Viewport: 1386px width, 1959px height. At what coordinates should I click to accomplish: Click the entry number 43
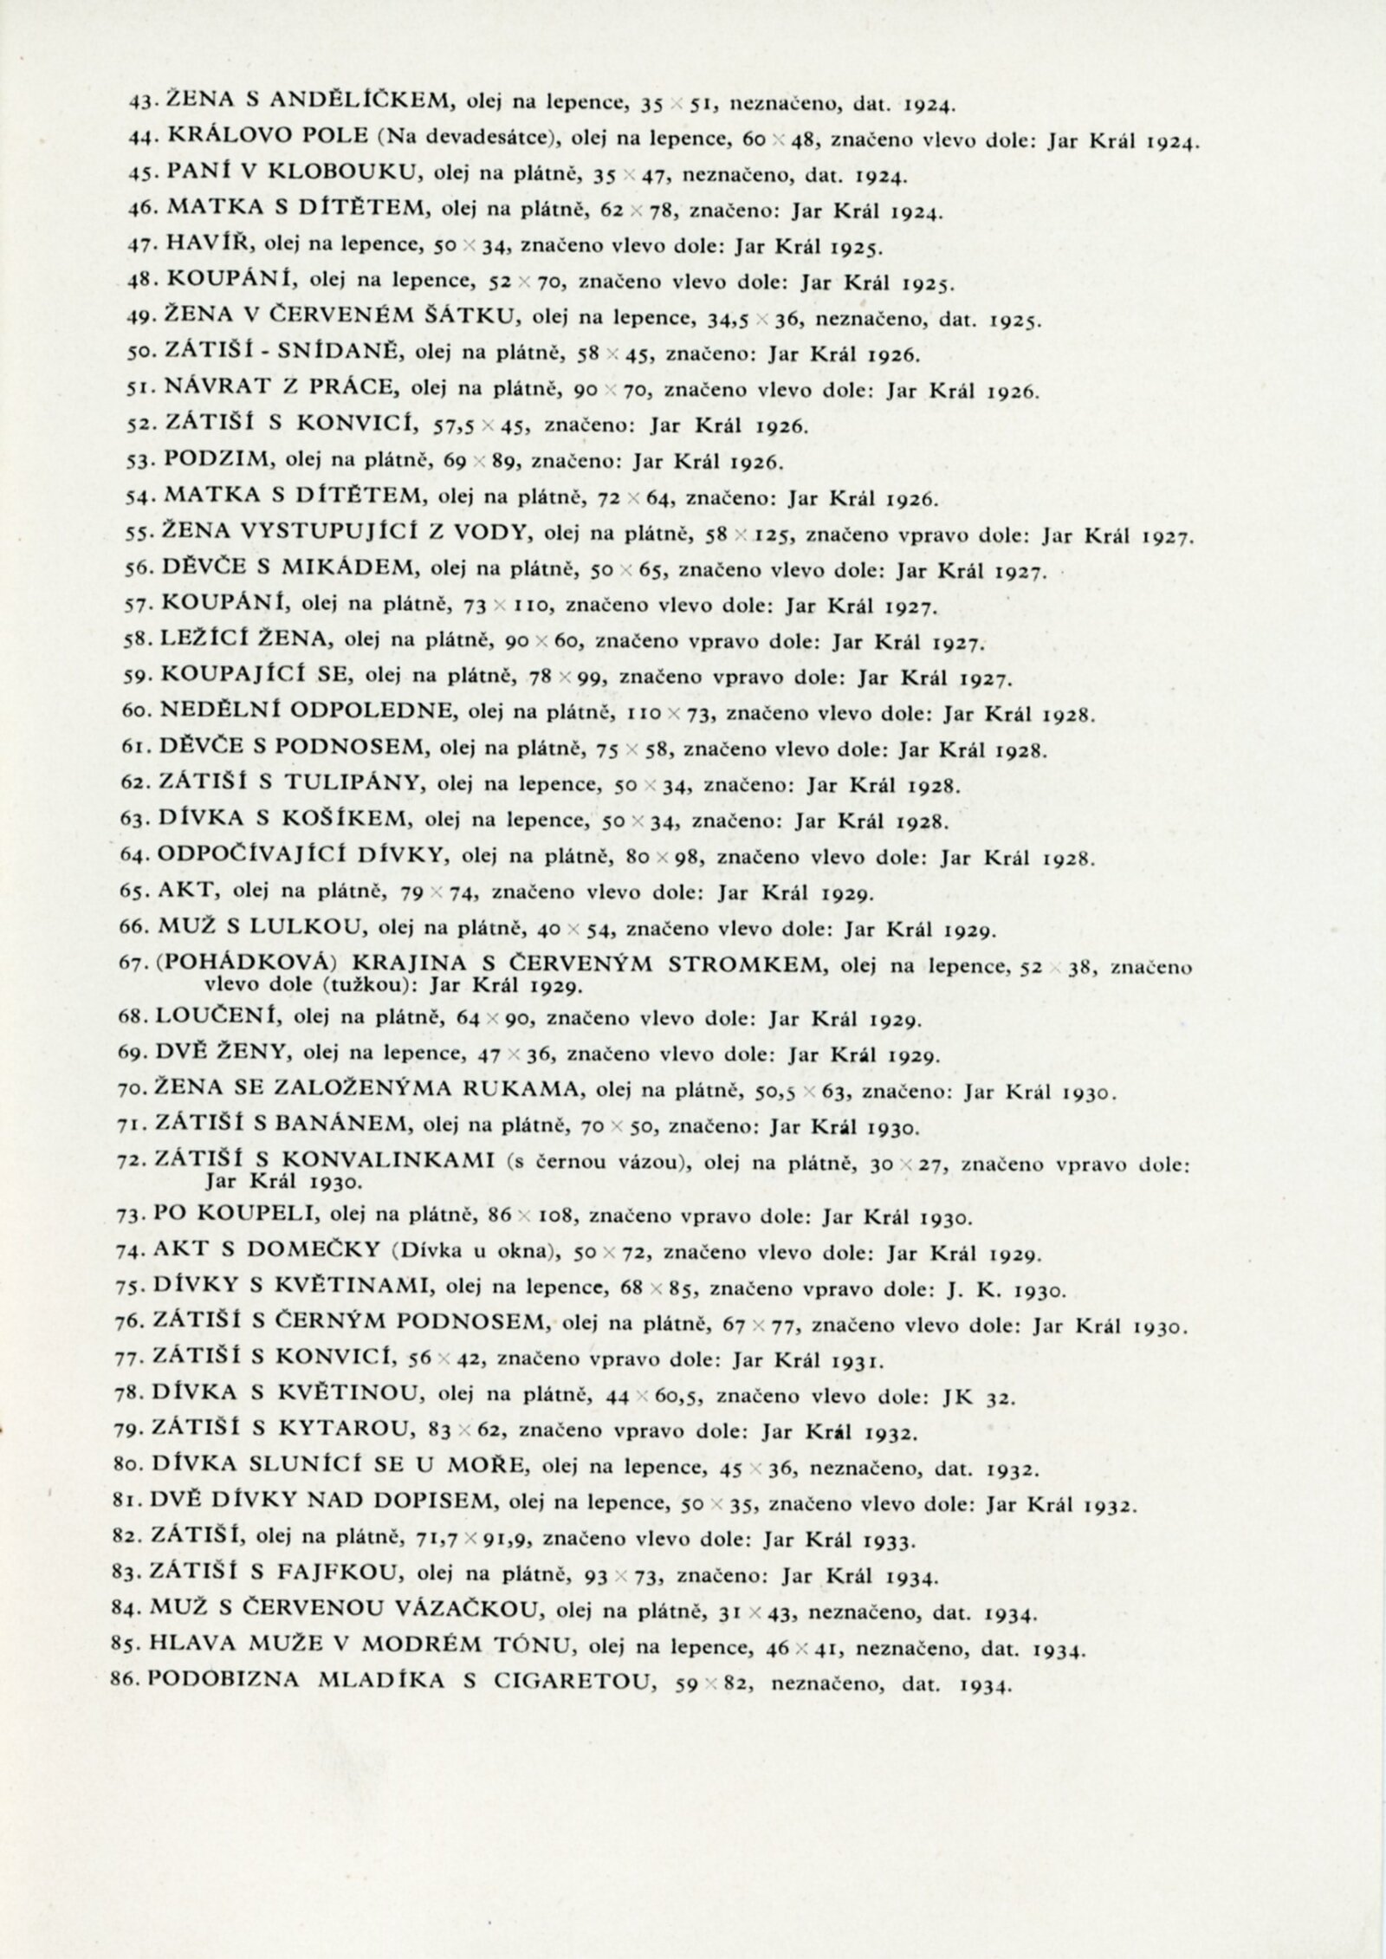pyautogui.click(x=139, y=107)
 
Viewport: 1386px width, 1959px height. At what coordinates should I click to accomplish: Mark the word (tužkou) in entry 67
pyautogui.click(x=352, y=985)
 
